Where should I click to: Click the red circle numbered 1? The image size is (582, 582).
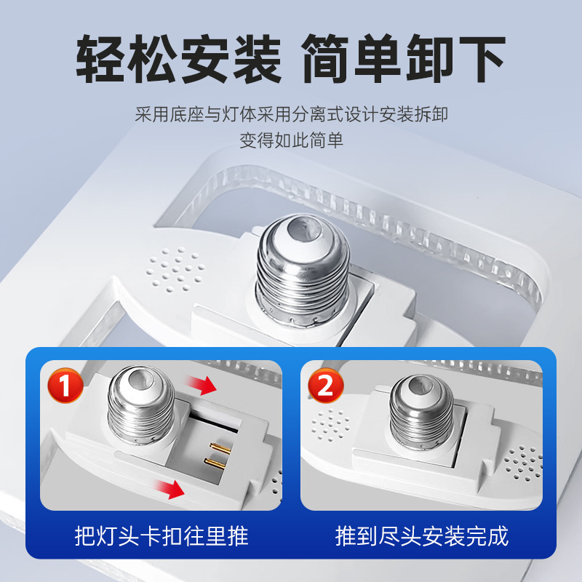(x=65, y=386)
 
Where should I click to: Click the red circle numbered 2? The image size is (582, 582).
(x=326, y=386)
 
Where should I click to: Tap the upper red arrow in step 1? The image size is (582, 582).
(x=201, y=385)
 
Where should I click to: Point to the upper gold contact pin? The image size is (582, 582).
(x=220, y=447)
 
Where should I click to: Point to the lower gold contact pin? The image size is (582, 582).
(x=215, y=463)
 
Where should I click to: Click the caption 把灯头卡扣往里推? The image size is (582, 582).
(x=162, y=536)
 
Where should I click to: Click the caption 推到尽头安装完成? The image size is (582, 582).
(x=422, y=536)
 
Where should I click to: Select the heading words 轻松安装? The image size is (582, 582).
(x=178, y=59)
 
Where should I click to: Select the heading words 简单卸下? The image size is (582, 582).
(x=404, y=59)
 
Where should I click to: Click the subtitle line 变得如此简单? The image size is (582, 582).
(x=292, y=140)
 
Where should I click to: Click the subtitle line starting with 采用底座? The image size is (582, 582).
(x=292, y=114)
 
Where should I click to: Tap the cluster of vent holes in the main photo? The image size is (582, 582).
(x=175, y=269)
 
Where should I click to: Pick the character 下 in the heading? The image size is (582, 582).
(x=482, y=59)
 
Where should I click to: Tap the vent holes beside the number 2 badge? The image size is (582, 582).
(x=330, y=426)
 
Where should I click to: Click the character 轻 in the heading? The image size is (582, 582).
(x=100, y=59)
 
